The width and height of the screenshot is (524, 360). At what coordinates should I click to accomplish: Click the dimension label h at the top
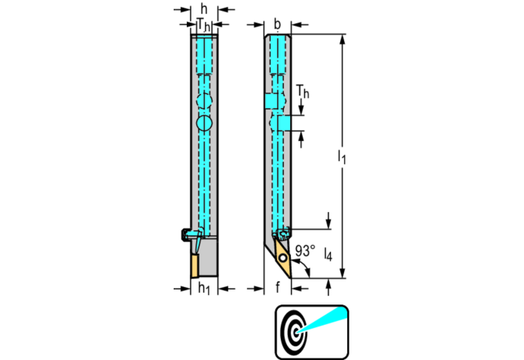click(203, 9)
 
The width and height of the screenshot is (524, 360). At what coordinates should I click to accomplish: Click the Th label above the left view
click(203, 24)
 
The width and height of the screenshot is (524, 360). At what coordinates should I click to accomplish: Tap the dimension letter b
click(277, 23)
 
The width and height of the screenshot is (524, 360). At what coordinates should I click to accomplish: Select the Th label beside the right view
click(304, 92)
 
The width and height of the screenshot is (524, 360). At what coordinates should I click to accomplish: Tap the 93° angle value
click(306, 253)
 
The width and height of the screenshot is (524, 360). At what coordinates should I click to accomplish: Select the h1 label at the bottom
click(203, 289)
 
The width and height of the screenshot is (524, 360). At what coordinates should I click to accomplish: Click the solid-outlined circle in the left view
click(204, 124)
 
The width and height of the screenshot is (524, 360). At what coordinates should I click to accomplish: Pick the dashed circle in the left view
click(204, 100)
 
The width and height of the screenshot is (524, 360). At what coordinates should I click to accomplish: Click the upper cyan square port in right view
click(271, 102)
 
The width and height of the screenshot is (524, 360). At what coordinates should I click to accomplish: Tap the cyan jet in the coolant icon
click(321, 322)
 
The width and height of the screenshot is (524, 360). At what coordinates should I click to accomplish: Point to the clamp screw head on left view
click(186, 234)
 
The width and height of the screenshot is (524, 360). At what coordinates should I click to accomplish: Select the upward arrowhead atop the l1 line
click(342, 38)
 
